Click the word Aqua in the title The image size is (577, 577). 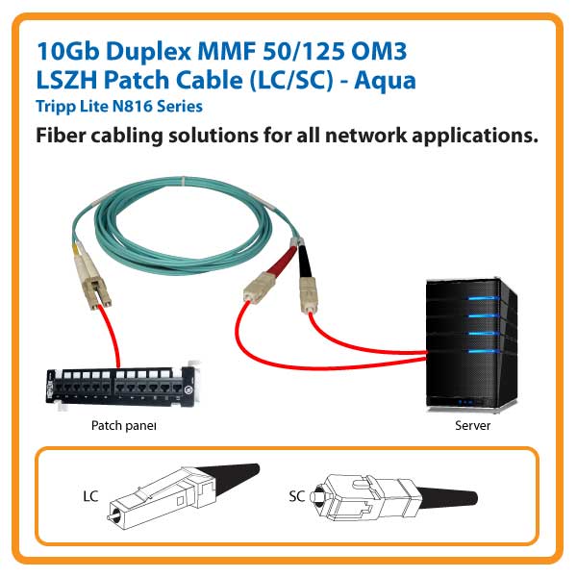pyautogui.click(x=386, y=80)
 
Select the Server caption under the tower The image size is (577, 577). pyautogui.click(x=472, y=424)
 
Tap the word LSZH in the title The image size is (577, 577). pyautogui.click(x=65, y=80)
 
